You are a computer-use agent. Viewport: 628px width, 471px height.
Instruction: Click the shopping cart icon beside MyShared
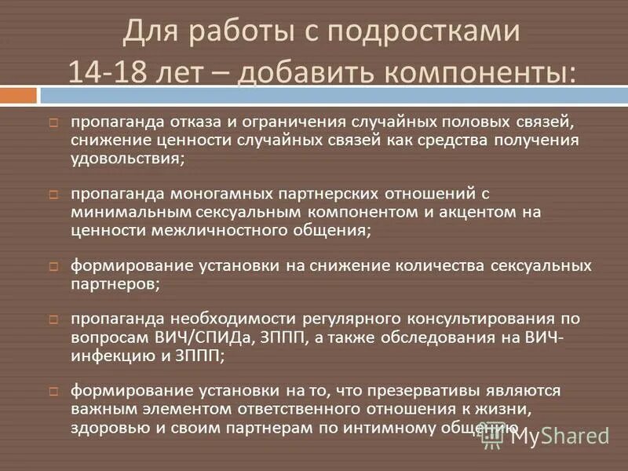493,436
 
